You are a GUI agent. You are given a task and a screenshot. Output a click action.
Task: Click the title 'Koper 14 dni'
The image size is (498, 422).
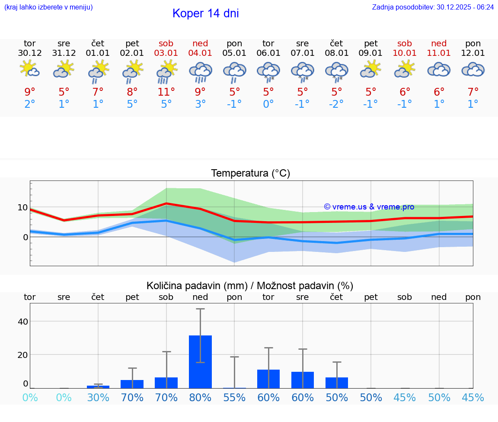pos(205,13)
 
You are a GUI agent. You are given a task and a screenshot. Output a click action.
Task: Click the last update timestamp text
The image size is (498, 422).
pos(433,7)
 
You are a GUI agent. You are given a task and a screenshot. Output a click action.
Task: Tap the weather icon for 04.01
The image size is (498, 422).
pos(200,71)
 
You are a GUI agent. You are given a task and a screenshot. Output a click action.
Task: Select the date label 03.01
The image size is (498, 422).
pos(166,53)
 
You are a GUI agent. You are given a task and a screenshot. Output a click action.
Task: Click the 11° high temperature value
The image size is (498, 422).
pos(166,92)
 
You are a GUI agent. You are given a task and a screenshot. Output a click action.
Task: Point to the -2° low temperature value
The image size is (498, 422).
pos(336,104)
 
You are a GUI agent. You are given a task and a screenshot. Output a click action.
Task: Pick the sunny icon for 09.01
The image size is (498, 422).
pos(370,69)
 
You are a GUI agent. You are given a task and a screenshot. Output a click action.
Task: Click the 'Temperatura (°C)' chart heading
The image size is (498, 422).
pos(250,173)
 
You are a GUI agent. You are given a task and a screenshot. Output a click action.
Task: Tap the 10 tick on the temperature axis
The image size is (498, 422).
pos(22,207)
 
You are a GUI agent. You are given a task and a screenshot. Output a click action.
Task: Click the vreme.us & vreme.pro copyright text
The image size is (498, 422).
pos(369,207)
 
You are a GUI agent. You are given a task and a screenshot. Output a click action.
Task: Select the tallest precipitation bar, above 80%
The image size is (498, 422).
pos(200,361)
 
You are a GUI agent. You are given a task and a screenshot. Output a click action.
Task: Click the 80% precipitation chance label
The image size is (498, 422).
pos(200,398)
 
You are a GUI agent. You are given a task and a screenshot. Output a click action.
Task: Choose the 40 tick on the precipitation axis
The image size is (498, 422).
pos(22,321)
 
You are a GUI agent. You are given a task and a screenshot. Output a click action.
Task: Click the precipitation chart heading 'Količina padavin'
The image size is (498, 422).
pos(250,286)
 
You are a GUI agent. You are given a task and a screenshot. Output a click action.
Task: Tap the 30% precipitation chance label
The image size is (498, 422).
pos(98,398)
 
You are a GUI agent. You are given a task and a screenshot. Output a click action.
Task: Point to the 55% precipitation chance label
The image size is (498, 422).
pos(234,398)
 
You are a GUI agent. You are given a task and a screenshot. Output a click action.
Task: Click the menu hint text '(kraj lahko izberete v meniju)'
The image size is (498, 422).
pos(48,7)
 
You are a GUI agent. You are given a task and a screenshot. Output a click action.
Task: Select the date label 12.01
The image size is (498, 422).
pos(473,53)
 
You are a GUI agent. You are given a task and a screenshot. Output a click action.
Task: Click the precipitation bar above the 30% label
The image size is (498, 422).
pos(98,387)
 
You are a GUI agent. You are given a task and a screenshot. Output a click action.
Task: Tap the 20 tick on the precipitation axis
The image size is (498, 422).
pos(22,354)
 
